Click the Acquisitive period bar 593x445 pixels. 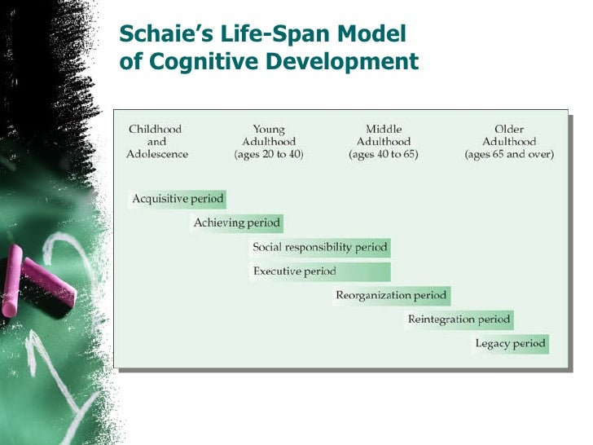coord(178,198)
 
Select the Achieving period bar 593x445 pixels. coord(236,222)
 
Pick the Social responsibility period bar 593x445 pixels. coord(320,247)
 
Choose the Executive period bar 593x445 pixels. coord(320,271)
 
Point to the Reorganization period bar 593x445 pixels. coord(391,295)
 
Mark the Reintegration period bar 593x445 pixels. coord(459,319)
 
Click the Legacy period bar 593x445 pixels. coord(510,343)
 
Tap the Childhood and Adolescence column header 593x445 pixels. coord(156,141)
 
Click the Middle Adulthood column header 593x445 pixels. coord(383,135)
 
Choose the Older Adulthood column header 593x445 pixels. coord(509,135)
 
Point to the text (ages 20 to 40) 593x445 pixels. coord(269,154)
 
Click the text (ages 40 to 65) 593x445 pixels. coord(383,154)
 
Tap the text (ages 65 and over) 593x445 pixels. coord(509,154)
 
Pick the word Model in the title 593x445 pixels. coord(372,35)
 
